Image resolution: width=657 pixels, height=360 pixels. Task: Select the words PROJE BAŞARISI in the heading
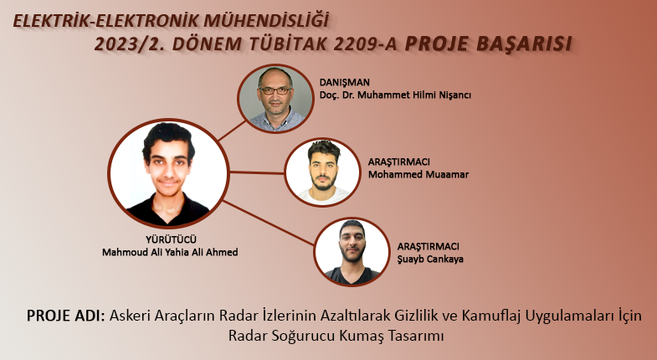(x=488, y=44)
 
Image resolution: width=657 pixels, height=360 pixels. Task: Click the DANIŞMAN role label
(x=345, y=83)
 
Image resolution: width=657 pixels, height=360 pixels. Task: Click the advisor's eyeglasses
(x=275, y=90)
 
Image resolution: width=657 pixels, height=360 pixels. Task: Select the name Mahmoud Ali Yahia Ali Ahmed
(x=170, y=252)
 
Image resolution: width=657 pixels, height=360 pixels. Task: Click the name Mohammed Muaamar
(x=418, y=174)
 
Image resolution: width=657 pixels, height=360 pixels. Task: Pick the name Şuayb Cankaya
(x=430, y=259)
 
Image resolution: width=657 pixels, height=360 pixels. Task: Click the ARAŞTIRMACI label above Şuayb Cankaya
(x=429, y=246)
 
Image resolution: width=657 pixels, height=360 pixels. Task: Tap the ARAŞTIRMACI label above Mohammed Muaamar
(x=399, y=162)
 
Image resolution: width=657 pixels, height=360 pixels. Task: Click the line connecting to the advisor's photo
(x=232, y=131)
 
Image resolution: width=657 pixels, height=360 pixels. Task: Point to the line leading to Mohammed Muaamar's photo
(x=257, y=172)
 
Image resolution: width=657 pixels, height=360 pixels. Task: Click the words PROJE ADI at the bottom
(x=66, y=316)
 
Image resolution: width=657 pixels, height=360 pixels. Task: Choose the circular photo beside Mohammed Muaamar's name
(x=322, y=172)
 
